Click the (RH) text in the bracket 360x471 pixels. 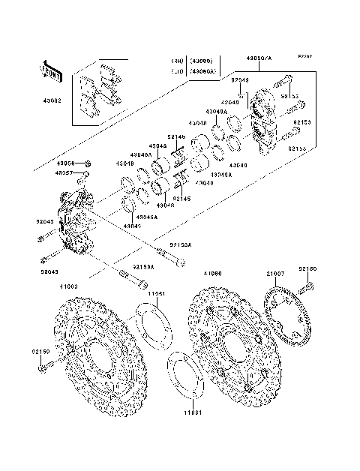[x=176, y=61]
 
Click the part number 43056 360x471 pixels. [x=67, y=162]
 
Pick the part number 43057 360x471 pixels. [x=67, y=172]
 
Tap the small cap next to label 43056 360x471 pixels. [x=88, y=163]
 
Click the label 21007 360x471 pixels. [x=274, y=275]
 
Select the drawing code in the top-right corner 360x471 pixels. [x=305, y=55]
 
